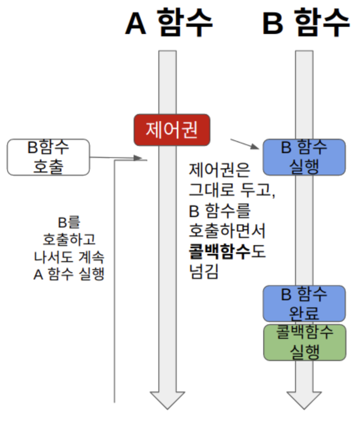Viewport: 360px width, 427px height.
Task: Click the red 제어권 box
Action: (x=172, y=130)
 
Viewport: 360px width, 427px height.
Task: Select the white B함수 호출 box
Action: (x=48, y=157)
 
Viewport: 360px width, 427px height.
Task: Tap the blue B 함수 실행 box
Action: (x=304, y=157)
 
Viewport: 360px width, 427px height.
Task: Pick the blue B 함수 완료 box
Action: (x=304, y=303)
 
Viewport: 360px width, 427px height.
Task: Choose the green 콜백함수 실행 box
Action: (x=304, y=342)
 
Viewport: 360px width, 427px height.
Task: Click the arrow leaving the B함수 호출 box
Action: (x=116, y=158)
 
